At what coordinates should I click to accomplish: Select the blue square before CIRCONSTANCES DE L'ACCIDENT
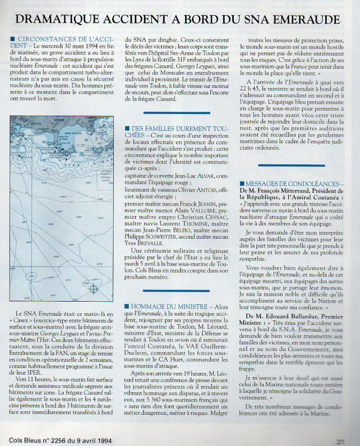(12, 39)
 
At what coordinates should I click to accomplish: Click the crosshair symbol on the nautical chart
(94, 289)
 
